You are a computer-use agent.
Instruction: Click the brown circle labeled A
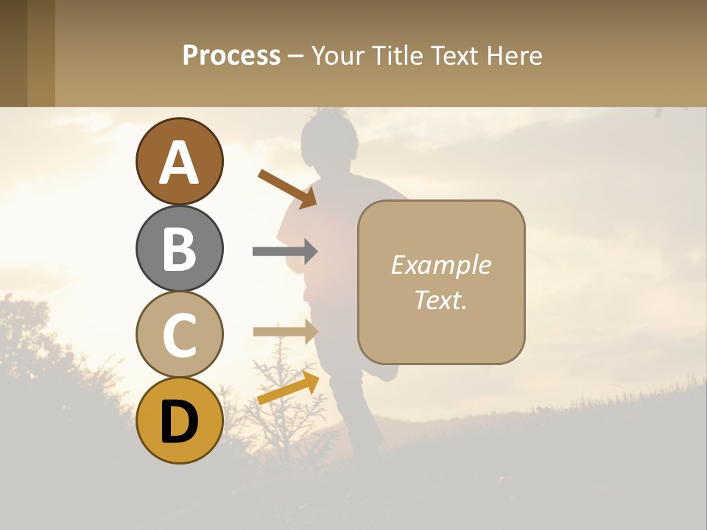point(179,161)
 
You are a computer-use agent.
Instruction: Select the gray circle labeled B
point(179,248)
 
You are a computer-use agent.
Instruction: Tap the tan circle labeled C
point(179,334)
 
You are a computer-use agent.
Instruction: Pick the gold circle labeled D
point(179,420)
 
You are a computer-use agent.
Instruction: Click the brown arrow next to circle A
point(287,189)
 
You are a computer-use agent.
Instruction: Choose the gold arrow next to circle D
point(288,388)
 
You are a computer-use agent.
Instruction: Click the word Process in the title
point(231,55)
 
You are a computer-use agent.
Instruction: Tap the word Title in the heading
point(397,55)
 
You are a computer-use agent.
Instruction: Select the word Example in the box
point(441,265)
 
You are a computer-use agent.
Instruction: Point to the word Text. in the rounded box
point(441,300)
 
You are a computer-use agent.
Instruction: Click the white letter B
point(179,248)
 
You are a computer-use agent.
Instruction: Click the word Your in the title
point(338,55)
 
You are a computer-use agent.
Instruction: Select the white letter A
point(179,162)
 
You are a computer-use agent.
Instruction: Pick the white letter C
point(179,335)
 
